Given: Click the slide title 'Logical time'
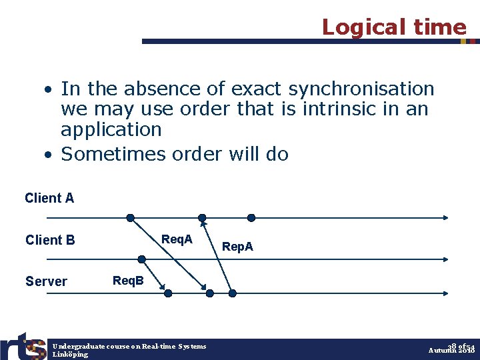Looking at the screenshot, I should [393, 27].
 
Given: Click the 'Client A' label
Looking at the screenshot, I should [49, 198].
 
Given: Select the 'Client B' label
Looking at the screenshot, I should [50, 240].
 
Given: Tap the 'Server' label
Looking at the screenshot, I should [46, 281].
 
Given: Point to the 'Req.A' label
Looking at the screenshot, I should [177, 239].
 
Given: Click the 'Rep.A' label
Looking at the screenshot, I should [237, 247].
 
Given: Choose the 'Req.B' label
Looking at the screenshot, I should [128, 281].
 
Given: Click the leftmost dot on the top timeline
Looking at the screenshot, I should [131, 217].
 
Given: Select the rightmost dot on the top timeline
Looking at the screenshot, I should [251, 217].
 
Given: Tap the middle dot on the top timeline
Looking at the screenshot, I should [202, 217].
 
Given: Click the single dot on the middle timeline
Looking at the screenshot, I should [141, 259].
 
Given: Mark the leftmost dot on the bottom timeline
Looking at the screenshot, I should [168, 293].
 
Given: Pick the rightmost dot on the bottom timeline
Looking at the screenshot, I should [233, 293].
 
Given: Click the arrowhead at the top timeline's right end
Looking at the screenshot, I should [445, 217].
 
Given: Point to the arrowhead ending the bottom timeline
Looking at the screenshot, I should [445, 293].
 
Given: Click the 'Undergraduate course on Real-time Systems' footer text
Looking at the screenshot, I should [129, 346].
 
